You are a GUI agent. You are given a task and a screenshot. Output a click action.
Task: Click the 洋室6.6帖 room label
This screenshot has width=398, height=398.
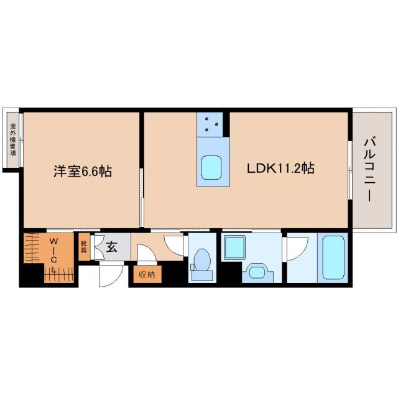(83, 172)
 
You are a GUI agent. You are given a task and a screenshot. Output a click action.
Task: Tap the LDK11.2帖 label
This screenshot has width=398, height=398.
(280, 168)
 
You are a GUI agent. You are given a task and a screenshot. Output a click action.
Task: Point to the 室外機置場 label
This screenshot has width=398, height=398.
(12, 139)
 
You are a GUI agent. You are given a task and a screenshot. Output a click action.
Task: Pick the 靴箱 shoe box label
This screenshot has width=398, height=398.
(84, 247)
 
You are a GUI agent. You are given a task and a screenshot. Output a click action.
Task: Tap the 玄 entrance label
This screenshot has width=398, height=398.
(111, 247)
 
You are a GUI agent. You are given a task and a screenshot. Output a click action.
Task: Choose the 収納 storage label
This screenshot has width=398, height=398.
(147, 274)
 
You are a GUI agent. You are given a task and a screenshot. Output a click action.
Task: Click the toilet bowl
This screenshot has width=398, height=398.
(202, 259)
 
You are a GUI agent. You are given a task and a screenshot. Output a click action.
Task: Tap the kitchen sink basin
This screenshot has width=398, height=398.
(211, 167)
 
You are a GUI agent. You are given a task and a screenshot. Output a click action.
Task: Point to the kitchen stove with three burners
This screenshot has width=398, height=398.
(210, 124)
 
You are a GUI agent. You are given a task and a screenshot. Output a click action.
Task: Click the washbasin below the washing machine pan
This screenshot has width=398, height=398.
(257, 273)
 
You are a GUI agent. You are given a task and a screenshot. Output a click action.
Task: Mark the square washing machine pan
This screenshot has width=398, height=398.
(235, 248)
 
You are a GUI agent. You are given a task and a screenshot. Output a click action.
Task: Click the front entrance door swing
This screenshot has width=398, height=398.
(111, 275)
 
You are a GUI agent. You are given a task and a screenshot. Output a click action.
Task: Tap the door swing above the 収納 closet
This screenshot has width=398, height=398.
(147, 252)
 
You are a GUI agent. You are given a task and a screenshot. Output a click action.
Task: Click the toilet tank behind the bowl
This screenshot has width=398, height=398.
(202, 275)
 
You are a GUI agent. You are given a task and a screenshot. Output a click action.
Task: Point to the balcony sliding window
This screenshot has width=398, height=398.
(350, 170)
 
